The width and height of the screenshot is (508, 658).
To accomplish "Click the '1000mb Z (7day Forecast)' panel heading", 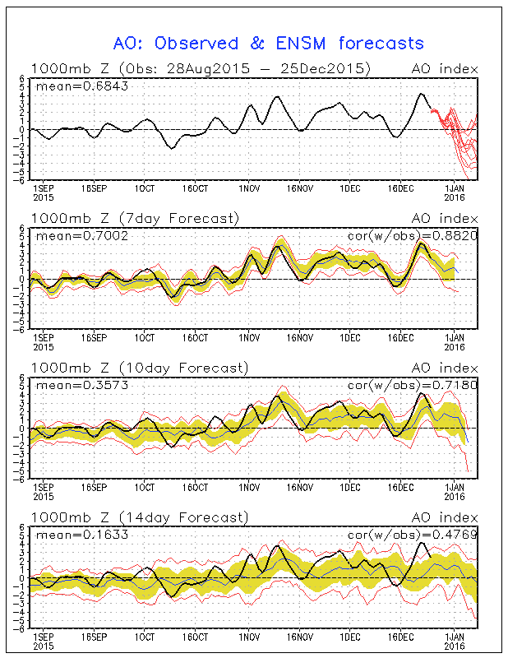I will point(135,218).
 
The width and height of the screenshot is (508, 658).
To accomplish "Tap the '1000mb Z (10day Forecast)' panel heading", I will point(138,368).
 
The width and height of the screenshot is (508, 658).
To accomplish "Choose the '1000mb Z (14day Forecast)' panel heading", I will point(138,517).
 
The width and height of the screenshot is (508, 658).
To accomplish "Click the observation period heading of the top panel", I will point(201,68).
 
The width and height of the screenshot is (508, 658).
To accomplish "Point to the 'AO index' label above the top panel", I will point(449,68).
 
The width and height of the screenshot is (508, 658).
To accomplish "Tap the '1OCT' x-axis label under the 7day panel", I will point(145,338).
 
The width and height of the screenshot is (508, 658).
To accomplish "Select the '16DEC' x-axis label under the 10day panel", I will point(400,488).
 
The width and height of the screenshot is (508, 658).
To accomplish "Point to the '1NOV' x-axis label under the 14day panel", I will point(249,637).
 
